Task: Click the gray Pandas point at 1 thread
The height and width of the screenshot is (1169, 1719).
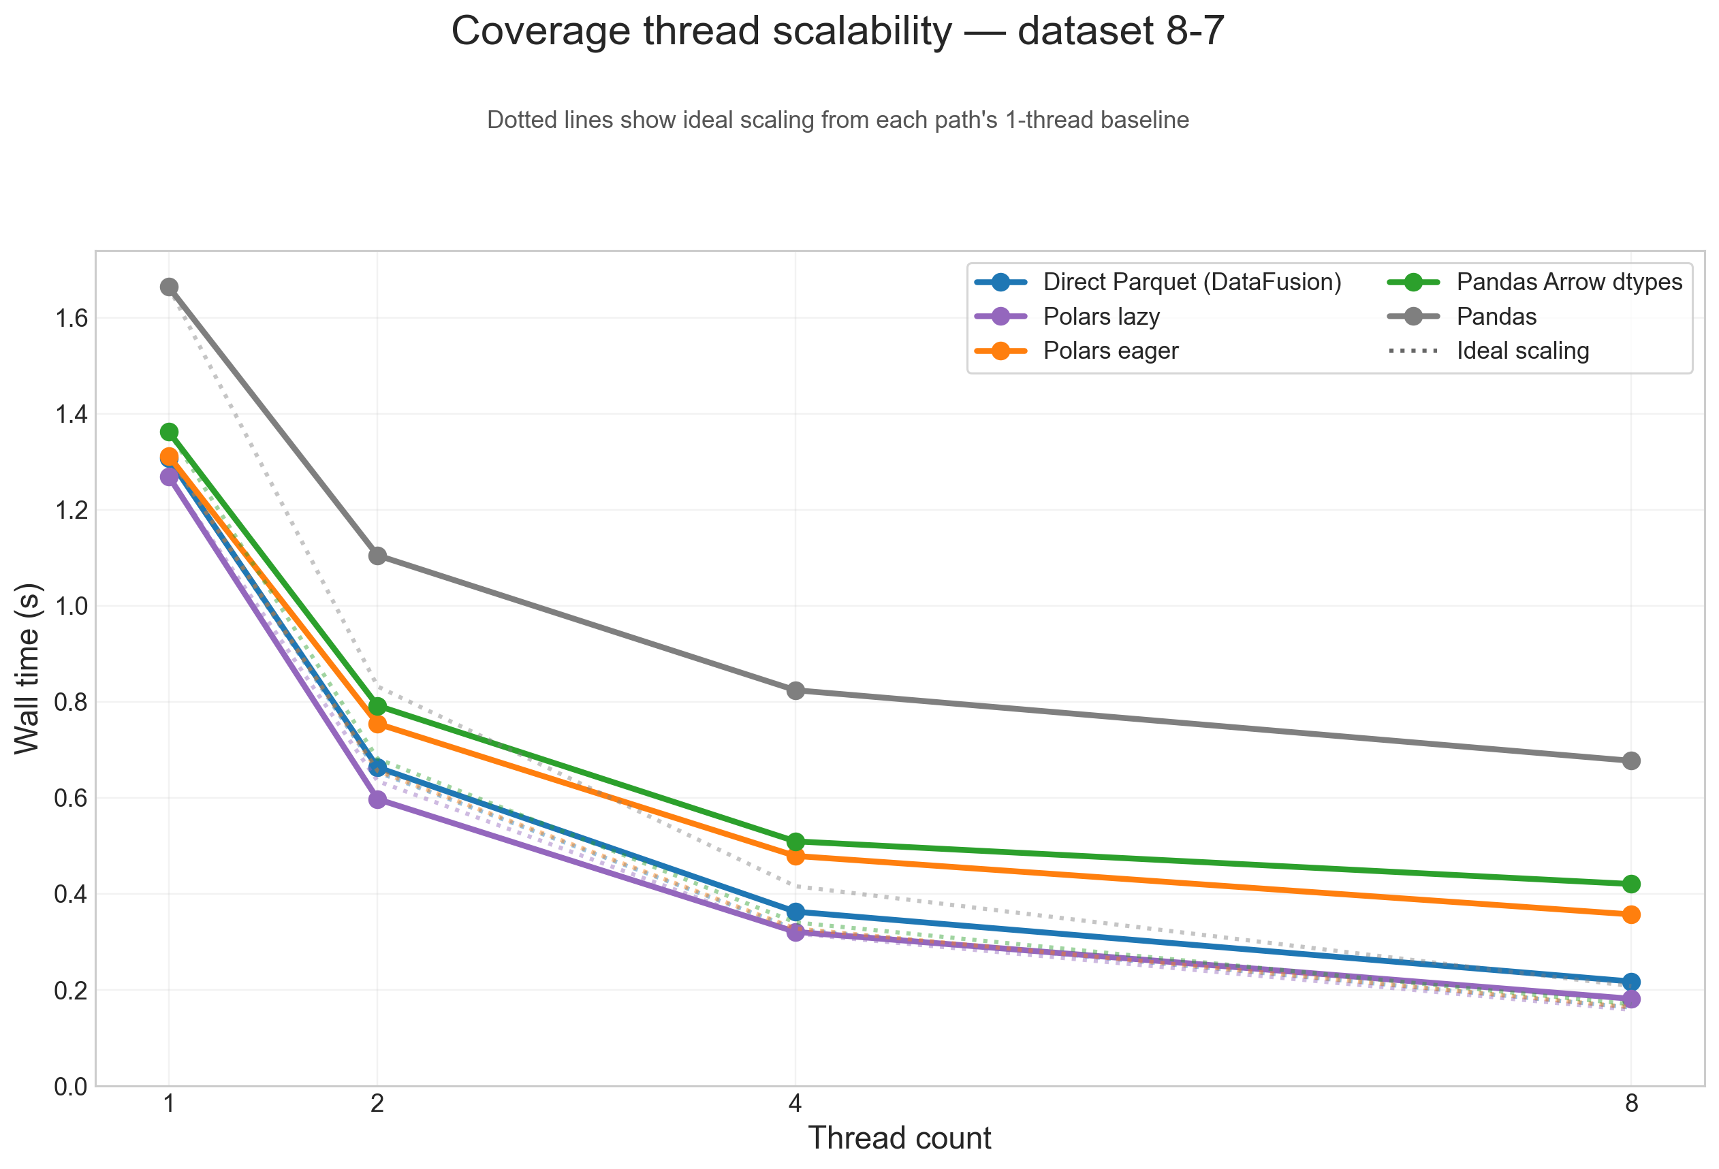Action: pos(170,287)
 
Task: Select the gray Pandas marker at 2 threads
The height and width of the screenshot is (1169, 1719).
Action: pos(377,556)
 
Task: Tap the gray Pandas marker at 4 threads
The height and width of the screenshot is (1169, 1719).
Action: pos(795,690)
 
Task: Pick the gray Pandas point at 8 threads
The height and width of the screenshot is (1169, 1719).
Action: pos(1631,761)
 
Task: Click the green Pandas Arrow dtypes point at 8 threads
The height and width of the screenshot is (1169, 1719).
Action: pos(1631,884)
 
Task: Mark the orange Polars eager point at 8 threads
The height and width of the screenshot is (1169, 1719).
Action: pos(1631,914)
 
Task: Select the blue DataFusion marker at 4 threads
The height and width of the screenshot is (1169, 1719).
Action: pos(795,912)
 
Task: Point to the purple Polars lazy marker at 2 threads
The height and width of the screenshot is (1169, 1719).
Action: pos(377,799)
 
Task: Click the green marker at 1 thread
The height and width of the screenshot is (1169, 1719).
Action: pos(170,432)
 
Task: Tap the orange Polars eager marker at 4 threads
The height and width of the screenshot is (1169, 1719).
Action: pos(795,856)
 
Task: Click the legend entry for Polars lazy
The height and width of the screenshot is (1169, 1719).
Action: pos(1101,317)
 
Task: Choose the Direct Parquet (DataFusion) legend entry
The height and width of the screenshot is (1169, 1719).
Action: pos(1192,282)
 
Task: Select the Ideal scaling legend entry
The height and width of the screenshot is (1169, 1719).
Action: pos(1522,351)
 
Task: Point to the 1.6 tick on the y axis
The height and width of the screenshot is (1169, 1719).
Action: pos(71,318)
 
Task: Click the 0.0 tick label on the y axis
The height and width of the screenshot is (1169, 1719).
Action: pos(71,1086)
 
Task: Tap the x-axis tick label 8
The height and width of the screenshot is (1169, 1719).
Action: pos(1631,1104)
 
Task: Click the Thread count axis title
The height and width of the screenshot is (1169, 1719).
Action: pos(899,1138)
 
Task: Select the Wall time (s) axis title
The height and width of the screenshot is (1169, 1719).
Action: pos(27,669)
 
